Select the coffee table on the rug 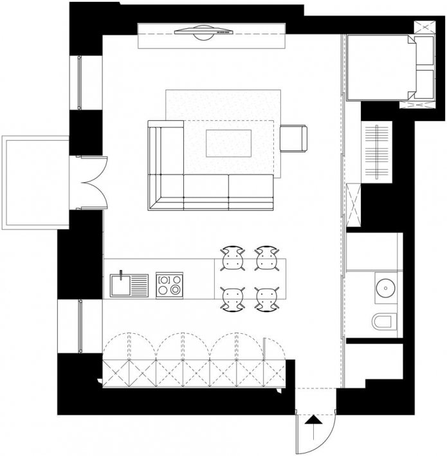pos(228,142)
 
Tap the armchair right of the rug pos(294,138)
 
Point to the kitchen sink pos(129,284)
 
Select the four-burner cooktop pos(170,284)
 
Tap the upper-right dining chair pos(266,258)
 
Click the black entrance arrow pos(313,423)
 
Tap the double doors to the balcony pos(92,183)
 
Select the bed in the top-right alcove pos(379,67)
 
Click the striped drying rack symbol pos(377,152)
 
